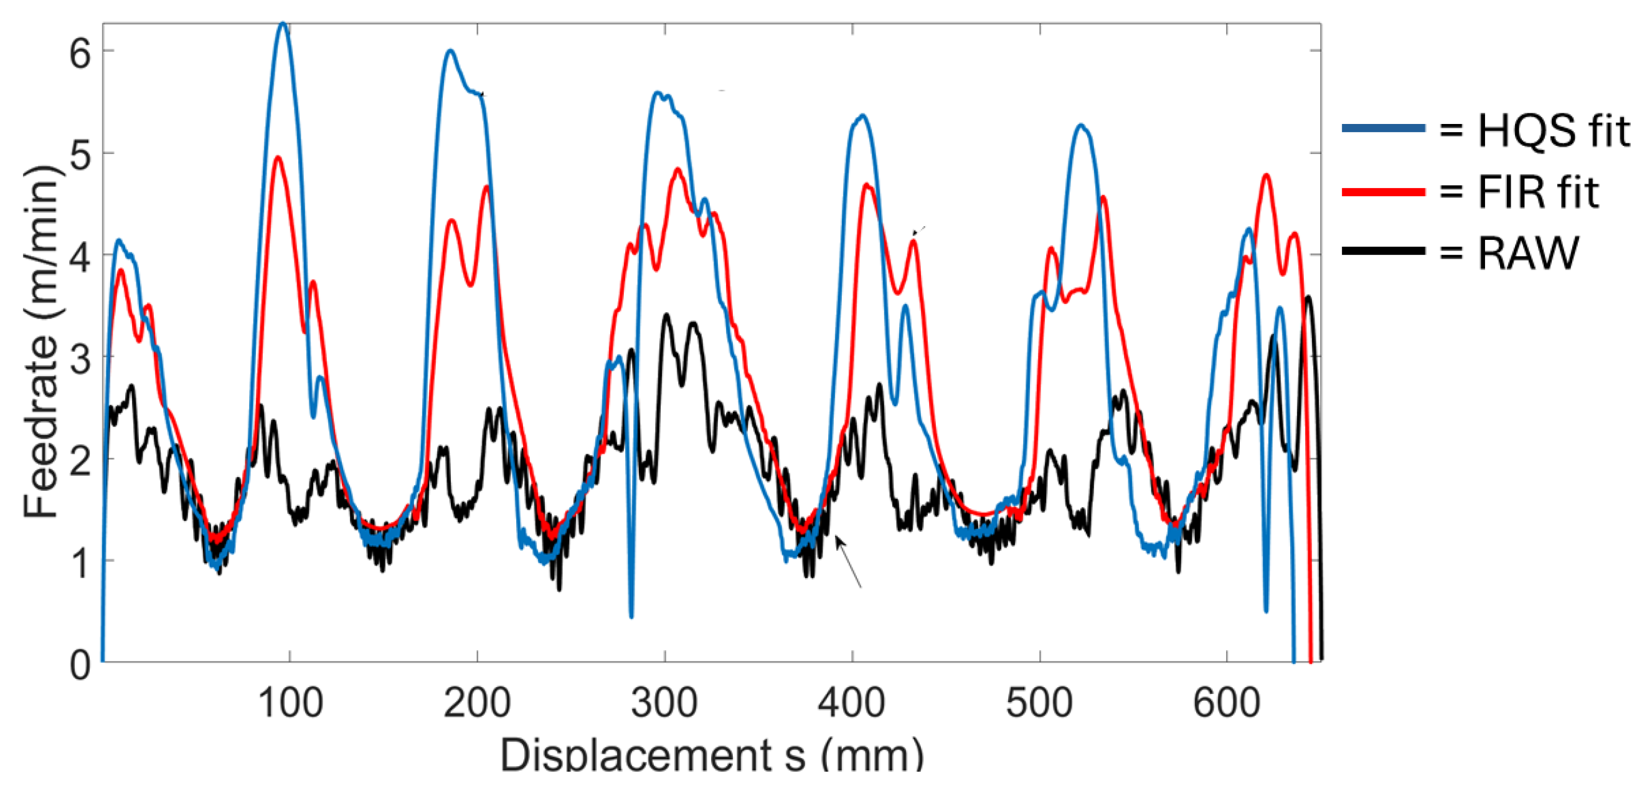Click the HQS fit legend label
pos(1553,131)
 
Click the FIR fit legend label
pos(1537,192)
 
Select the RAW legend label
pos(1529,253)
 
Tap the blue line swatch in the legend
pos(1383,128)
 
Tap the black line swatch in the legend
pos(1383,250)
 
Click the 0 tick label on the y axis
pos(80,665)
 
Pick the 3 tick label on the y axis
pos(80,359)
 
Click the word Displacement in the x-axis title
pos(638,756)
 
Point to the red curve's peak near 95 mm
pos(277,158)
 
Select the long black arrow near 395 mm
pos(849,562)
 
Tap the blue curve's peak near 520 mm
pos(1080,126)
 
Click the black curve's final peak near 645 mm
pos(1308,297)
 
